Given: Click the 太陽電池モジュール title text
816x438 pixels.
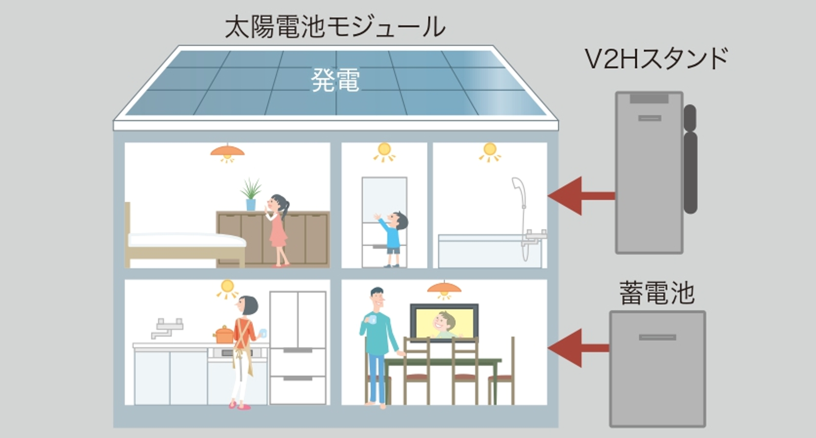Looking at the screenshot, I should pos(335,27).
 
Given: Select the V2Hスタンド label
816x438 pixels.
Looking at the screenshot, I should pos(656,59).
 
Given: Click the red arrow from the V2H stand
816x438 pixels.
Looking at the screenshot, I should pos(580,196).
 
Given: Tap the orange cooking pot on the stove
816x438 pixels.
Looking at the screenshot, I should pos(224,334).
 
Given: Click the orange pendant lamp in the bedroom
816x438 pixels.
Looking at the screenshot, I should pos(227,152).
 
